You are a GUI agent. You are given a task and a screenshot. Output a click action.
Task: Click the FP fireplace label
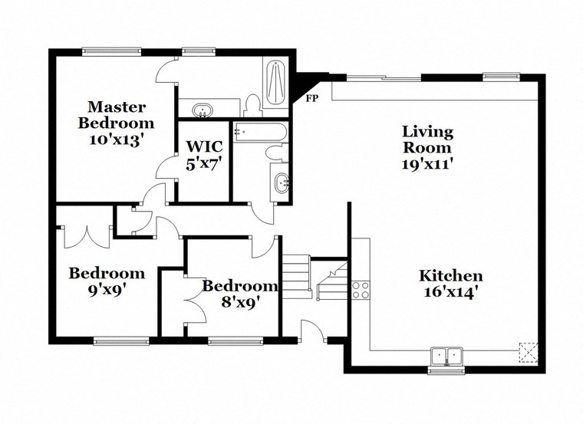311,99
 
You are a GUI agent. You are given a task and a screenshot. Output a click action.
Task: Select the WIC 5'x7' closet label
203,154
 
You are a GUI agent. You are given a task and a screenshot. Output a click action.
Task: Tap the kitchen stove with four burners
361,289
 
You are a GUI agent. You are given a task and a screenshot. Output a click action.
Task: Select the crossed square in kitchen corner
527,351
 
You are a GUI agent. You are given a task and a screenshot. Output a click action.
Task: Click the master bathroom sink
203,110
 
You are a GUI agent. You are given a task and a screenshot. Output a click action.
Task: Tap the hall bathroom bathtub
261,132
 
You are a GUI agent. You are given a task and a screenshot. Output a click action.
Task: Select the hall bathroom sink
281,183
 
